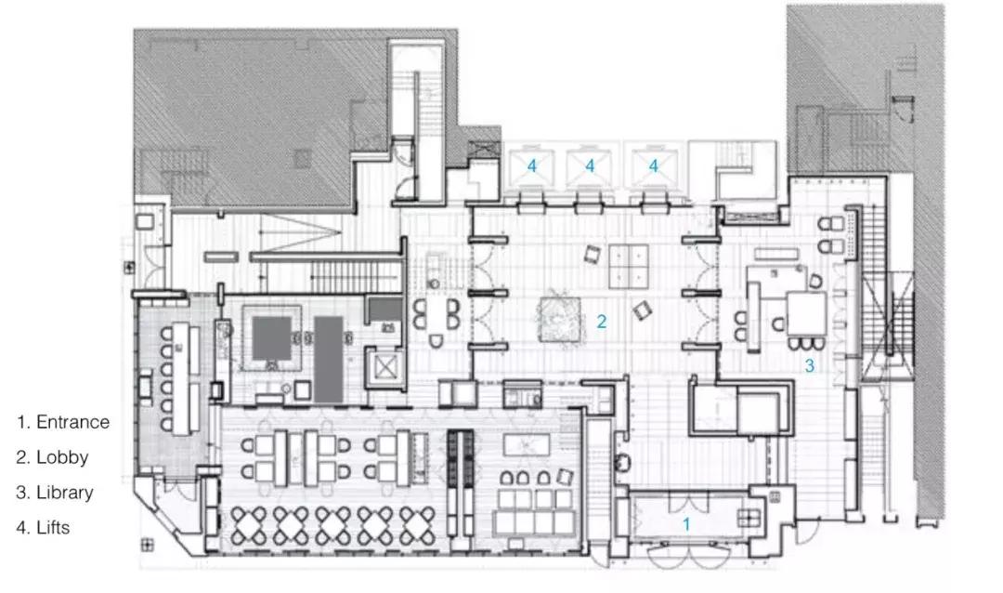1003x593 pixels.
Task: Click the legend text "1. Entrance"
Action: [63, 422]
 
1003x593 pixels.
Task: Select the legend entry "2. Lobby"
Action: [52, 457]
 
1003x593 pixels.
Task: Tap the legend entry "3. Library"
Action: [55, 493]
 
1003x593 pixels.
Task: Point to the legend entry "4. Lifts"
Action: [43, 528]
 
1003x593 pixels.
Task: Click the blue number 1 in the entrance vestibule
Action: [686, 524]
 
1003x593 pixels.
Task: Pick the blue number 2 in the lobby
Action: [601, 322]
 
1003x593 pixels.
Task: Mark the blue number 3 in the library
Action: [809, 365]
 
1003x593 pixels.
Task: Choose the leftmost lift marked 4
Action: [530, 167]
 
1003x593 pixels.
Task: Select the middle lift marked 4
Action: [589, 167]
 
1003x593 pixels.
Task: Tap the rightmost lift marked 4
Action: [653, 167]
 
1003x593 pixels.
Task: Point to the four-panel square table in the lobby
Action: [628, 266]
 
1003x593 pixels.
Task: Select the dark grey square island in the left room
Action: [272, 338]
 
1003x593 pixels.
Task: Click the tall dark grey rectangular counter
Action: [329, 360]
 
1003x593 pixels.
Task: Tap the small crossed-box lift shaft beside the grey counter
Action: [385, 367]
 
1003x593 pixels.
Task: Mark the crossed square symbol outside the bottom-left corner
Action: [147, 545]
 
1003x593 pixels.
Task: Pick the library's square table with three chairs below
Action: [806, 313]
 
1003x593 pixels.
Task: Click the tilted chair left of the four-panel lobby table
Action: [593, 255]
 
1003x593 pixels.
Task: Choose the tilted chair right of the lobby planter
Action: [642, 310]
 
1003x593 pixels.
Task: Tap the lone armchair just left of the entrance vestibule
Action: [622, 462]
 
